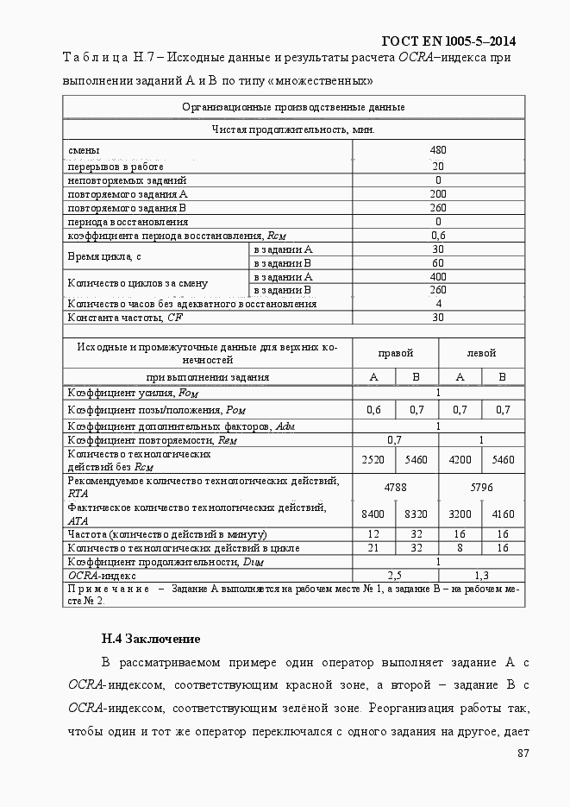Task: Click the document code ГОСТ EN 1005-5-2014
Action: [454, 41]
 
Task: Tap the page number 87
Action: [523, 753]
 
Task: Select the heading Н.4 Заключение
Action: [151, 640]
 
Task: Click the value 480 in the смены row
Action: [438, 150]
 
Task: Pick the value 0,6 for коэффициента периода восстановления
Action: [438, 236]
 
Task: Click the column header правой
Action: [396, 353]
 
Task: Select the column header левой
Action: [481, 353]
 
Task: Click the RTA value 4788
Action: [396, 488]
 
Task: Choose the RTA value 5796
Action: [481, 488]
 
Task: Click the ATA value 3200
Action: [460, 514]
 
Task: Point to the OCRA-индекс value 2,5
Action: [396, 575]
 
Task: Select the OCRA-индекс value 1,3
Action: [481, 575]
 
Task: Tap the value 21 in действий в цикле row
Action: [374, 547]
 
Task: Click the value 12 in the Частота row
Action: [374, 534]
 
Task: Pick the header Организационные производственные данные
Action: [293, 107]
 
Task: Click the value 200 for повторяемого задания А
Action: [438, 194]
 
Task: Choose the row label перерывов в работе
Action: [116, 166]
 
